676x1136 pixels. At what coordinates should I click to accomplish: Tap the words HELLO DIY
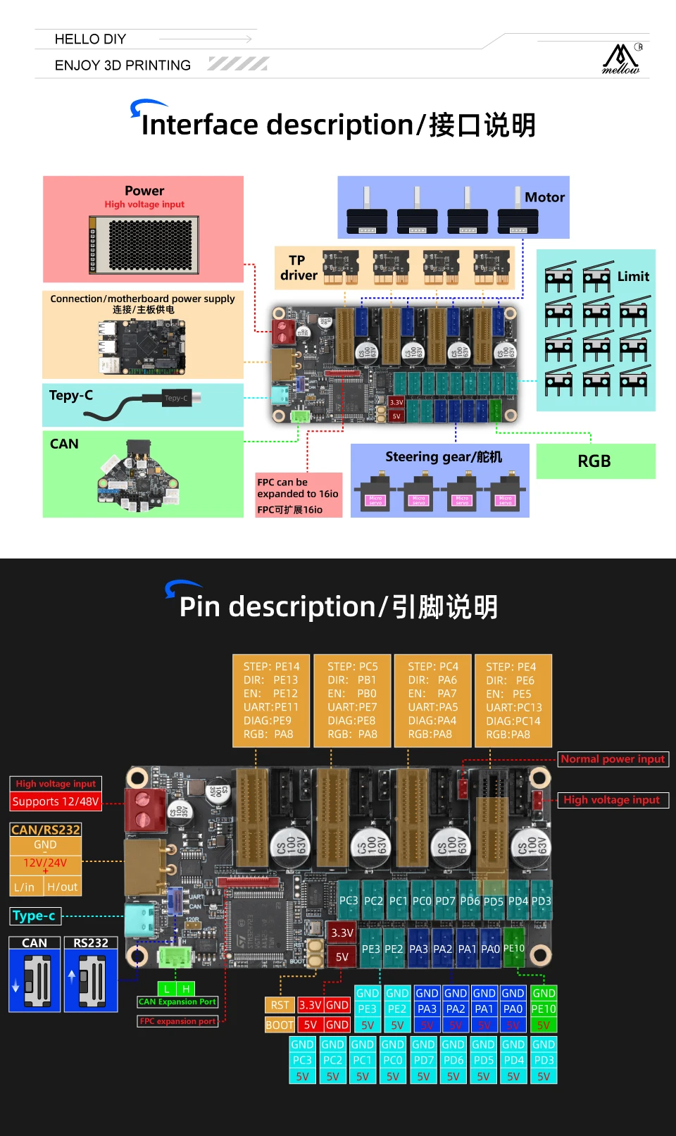click(x=90, y=39)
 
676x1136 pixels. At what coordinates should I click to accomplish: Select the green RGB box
click(x=595, y=461)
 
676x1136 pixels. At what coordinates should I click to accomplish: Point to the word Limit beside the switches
click(x=633, y=277)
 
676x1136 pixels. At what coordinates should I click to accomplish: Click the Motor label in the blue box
click(x=544, y=198)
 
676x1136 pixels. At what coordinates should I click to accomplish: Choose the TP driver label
click(x=299, y=268)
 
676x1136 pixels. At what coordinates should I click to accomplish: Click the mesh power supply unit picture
click(x=144, y=245)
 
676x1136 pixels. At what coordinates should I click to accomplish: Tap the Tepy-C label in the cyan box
click(x=71, y=396)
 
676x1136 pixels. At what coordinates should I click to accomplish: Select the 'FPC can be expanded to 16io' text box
click(x=298, y=496)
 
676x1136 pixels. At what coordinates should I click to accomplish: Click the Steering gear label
click(x=443, y=457)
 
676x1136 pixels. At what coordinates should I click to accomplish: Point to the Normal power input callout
click(x=613, y=759)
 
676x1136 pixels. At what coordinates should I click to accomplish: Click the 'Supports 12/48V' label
click(x=56, y=802)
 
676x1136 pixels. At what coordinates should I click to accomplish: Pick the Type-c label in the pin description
click(x=35, y=916)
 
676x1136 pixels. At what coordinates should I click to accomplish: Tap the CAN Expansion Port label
click(x=177, y=1002)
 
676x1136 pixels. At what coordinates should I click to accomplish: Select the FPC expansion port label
click(x=177, y=1021)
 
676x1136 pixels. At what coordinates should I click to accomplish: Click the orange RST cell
click(x=280, y=1006)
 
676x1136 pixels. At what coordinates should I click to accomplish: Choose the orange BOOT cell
click(x=280, y=1025)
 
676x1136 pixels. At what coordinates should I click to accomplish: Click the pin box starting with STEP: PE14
click(x=271, y=701)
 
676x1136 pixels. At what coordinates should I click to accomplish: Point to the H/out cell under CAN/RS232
click(x=63, y=887)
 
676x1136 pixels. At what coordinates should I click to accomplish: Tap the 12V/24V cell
click(x=45, y=863)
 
